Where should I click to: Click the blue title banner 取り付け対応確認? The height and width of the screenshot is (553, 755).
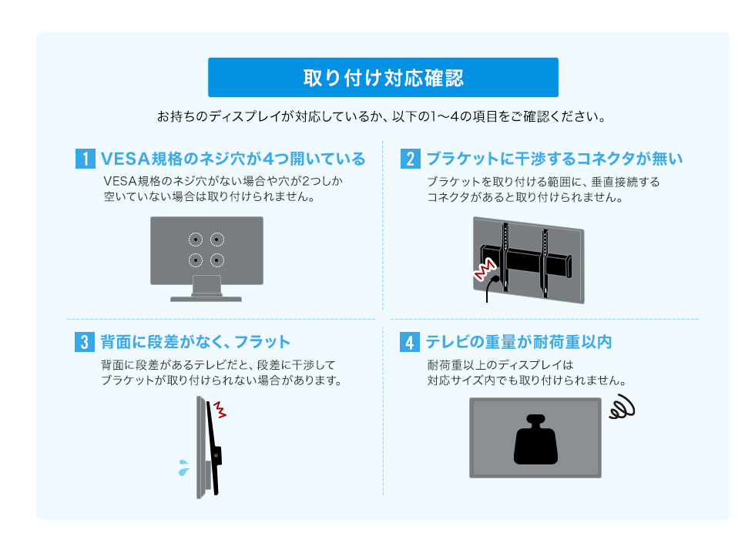383,78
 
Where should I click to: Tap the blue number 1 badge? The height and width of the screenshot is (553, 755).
86,159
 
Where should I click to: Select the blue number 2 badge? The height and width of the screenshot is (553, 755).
410,159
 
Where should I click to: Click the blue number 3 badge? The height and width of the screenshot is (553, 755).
85,342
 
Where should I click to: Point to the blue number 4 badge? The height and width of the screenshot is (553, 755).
410,342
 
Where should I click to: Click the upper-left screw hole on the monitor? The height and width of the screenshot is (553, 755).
196,240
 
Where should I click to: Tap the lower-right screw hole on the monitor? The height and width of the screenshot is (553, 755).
217,260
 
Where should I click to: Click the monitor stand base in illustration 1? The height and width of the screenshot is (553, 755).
206,299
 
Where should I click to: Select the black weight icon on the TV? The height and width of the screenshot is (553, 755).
535,440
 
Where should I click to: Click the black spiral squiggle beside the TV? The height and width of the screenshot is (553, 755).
622,407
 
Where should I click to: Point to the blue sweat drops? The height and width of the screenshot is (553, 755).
184,468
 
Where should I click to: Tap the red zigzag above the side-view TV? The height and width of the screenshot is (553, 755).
220,409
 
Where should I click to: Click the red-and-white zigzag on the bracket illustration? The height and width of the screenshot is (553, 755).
485,270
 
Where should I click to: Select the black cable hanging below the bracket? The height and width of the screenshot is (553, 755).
490,288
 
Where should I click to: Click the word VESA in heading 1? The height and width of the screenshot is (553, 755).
125,159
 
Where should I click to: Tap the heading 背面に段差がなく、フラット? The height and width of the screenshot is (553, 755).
196,342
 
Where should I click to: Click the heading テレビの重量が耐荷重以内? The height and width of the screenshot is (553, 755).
519,342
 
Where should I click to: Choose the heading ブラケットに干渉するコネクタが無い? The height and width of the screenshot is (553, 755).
555,159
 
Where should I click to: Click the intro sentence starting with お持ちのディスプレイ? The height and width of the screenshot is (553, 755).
382,116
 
